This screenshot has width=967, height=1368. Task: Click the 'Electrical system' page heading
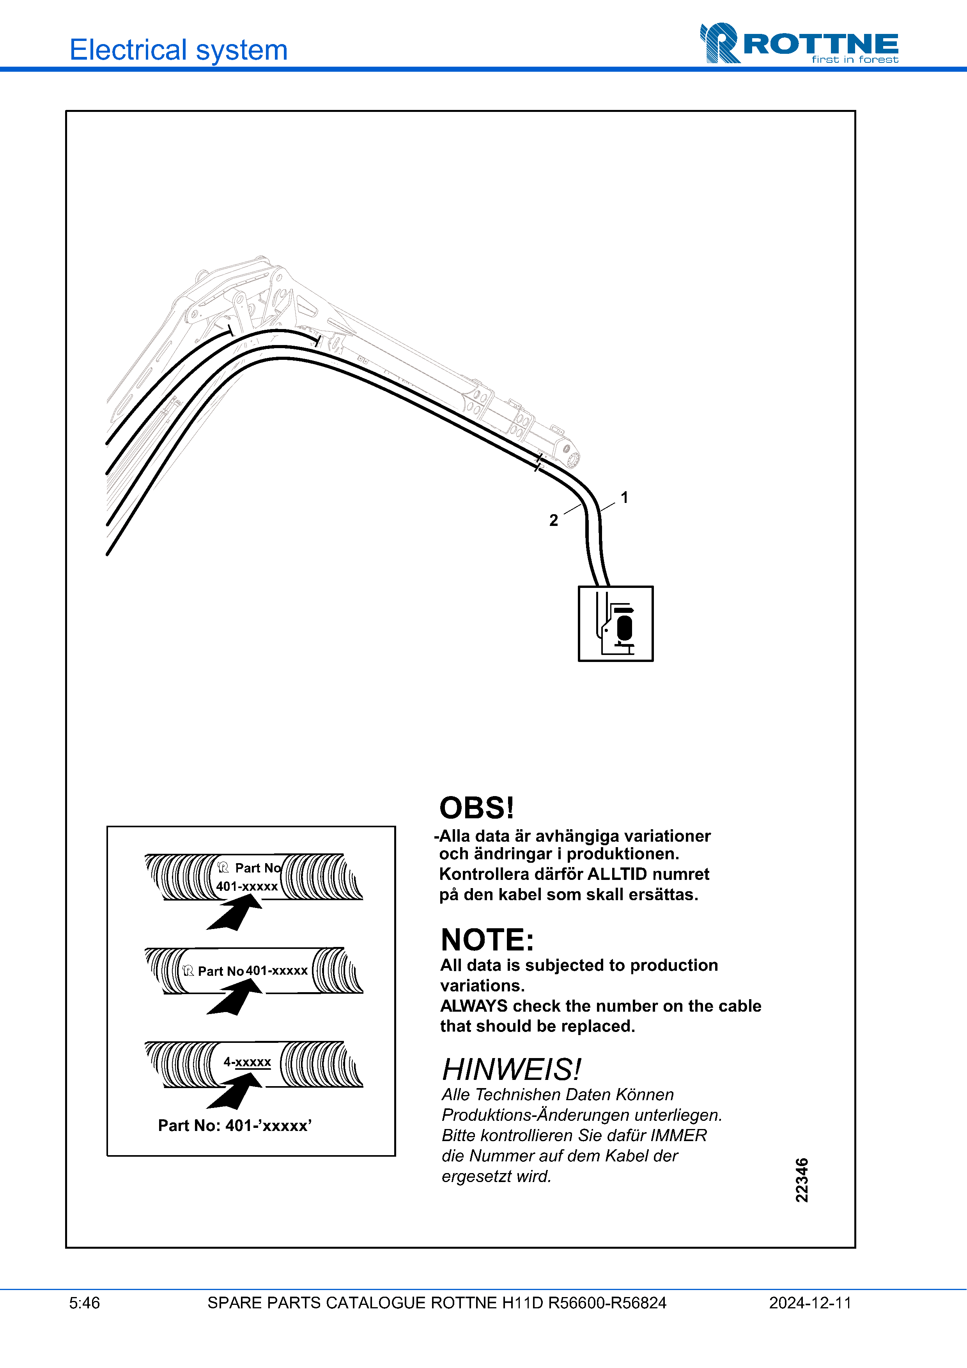(179, 50)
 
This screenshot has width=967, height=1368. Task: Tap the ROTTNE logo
(799, 44)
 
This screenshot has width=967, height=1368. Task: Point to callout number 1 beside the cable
(624, 497)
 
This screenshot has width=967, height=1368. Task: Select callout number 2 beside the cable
(554, 520)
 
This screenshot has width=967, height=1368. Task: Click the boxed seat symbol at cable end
(615, 623)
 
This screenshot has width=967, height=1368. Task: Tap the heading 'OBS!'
(476, 808)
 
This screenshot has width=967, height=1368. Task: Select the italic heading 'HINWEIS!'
(511, 1069)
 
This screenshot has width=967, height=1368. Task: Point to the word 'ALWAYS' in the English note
(474, 1006)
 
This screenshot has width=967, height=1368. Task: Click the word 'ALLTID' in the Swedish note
(617, 874)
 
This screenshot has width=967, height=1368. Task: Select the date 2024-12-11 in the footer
(810, 1303)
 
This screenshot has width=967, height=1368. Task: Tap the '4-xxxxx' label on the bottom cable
(247, 1062)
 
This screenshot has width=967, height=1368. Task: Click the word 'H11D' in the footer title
(522, 1303)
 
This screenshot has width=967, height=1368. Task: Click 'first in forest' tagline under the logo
(854, 60)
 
